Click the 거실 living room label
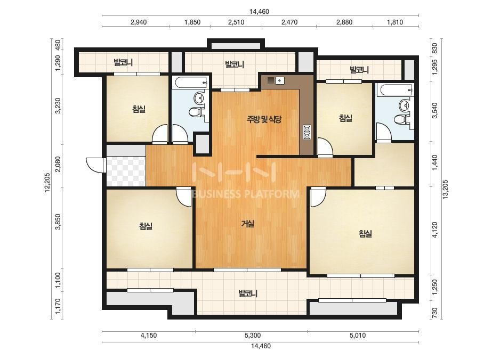(x=247, y=224)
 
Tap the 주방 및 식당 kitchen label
(x=264, y=119)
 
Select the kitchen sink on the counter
(x=276, y=80)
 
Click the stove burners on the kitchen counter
(x=307, y=132)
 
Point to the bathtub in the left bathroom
(x=191, y=83)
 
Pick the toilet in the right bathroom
(x=401, y=120)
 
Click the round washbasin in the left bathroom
(x=199, y=98)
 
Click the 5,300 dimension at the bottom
(x=253, y=335)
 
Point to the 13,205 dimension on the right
(x=445, y=189)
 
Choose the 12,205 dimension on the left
(x=47, y=182)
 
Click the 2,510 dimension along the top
(x=236, y=22)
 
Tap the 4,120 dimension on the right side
(x=434, y=230)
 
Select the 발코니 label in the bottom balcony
(x=248, y=293)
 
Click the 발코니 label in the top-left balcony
(x=123, y=62)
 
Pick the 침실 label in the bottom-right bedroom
(x=365, y=233)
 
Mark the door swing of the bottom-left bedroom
(x=183, y=197)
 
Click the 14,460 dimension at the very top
(x=259, y=12)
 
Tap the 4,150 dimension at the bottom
(x=148, y=335)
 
